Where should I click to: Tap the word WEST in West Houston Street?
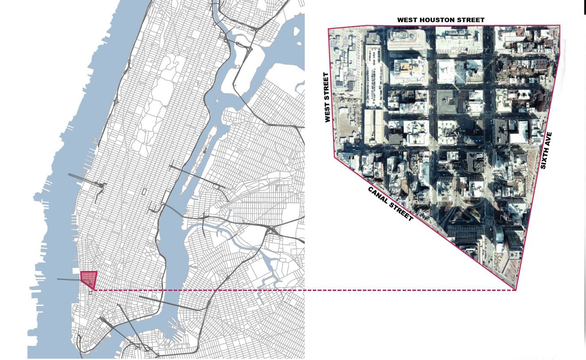[407, 20]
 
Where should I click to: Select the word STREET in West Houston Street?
[471, 20]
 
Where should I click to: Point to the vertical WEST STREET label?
[328, 97]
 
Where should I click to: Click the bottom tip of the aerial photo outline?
[516, 290]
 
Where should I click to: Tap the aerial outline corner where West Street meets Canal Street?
[334, 157]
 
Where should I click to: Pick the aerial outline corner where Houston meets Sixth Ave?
[559, 26]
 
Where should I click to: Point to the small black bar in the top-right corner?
[585, 7]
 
